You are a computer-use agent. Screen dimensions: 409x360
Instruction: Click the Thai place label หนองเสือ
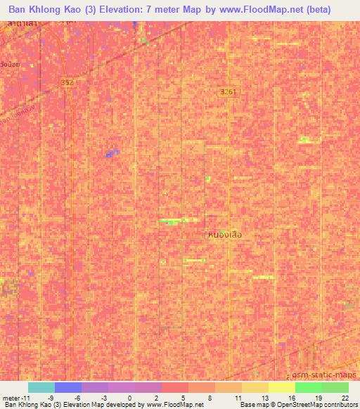[226, 235]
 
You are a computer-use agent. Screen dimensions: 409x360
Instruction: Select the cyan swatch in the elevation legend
[41, 387]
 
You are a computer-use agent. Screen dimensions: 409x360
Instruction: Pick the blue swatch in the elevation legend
[68, 387]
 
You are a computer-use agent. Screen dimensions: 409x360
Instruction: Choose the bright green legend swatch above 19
[309, 387]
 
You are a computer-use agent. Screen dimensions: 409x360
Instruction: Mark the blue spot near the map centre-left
[110, 152]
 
